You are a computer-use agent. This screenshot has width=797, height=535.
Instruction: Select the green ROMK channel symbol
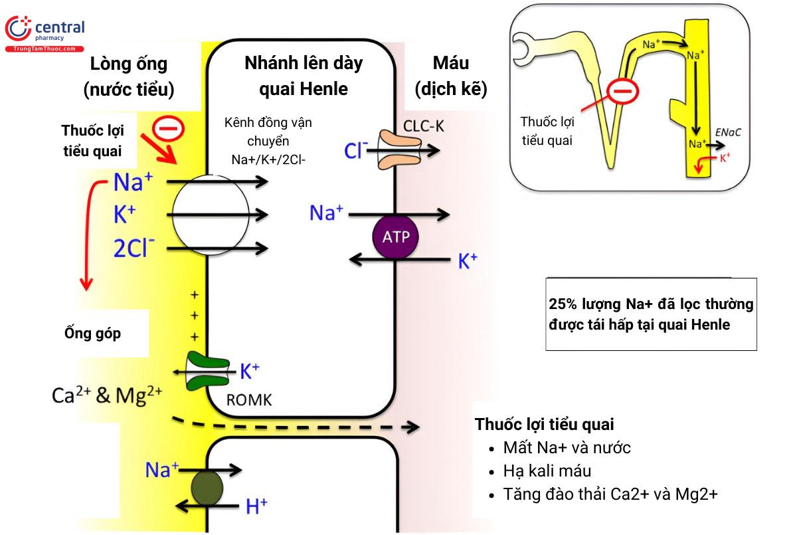(206, 371)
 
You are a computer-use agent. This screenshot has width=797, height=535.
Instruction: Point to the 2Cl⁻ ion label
(135, 249)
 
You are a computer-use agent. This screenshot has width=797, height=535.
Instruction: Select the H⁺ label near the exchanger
(256, 507)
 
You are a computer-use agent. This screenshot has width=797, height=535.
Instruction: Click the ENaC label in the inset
(729, 133)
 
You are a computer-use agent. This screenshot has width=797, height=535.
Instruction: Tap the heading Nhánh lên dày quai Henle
(304, 76)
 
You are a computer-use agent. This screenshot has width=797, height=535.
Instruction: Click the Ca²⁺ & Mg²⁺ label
(106, 396)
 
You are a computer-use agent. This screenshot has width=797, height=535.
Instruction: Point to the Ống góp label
(92, 333)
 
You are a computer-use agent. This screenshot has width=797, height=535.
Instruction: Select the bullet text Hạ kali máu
(548, 471)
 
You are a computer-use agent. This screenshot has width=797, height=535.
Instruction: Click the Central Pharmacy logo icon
(18, 31)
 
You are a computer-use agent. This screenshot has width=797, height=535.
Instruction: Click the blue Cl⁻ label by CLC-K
(356, 151)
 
